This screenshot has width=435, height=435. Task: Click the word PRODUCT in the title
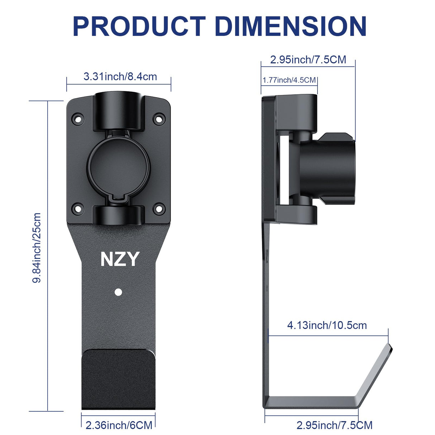pos(139,26)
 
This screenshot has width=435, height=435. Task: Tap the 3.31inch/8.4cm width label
pos(120,76)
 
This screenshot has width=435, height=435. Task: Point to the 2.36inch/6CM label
pos(119,425)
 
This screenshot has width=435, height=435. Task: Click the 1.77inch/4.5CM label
pos(289,80)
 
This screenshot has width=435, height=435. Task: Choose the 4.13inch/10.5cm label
pos(327,325)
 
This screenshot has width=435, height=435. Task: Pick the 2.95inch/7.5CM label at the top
pos(308,59)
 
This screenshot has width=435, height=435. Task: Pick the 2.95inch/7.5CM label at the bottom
pos(334,425)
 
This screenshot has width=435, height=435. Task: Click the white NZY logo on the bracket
pos(120,259)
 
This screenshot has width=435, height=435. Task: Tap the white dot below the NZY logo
pos(118,292)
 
